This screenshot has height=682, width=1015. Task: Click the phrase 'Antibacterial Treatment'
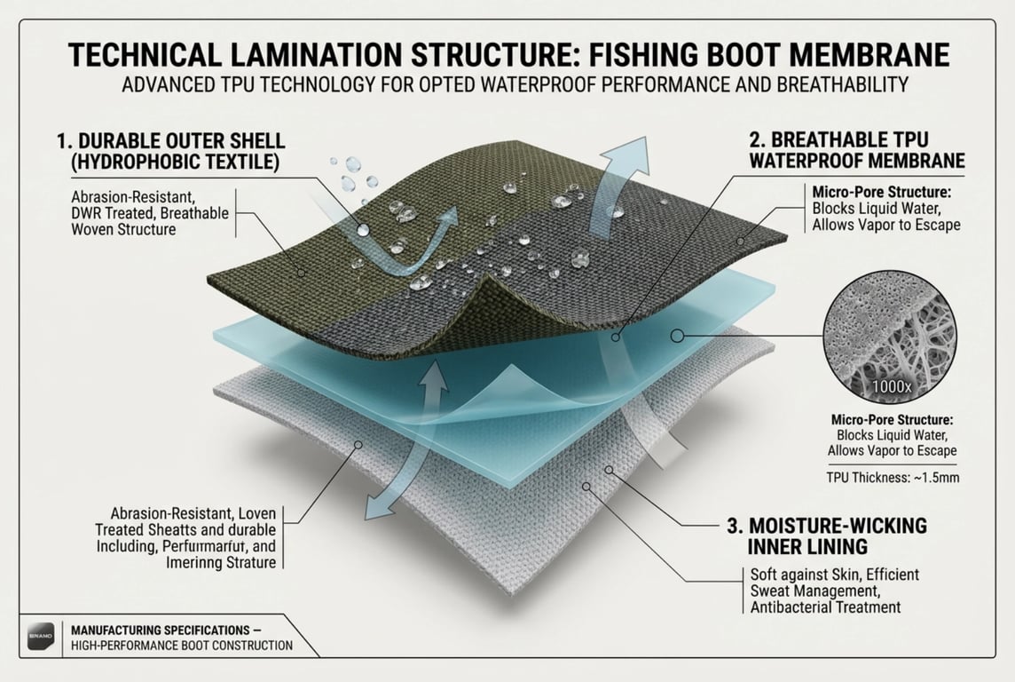820,607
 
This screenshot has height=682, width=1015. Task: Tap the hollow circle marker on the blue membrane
678,336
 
